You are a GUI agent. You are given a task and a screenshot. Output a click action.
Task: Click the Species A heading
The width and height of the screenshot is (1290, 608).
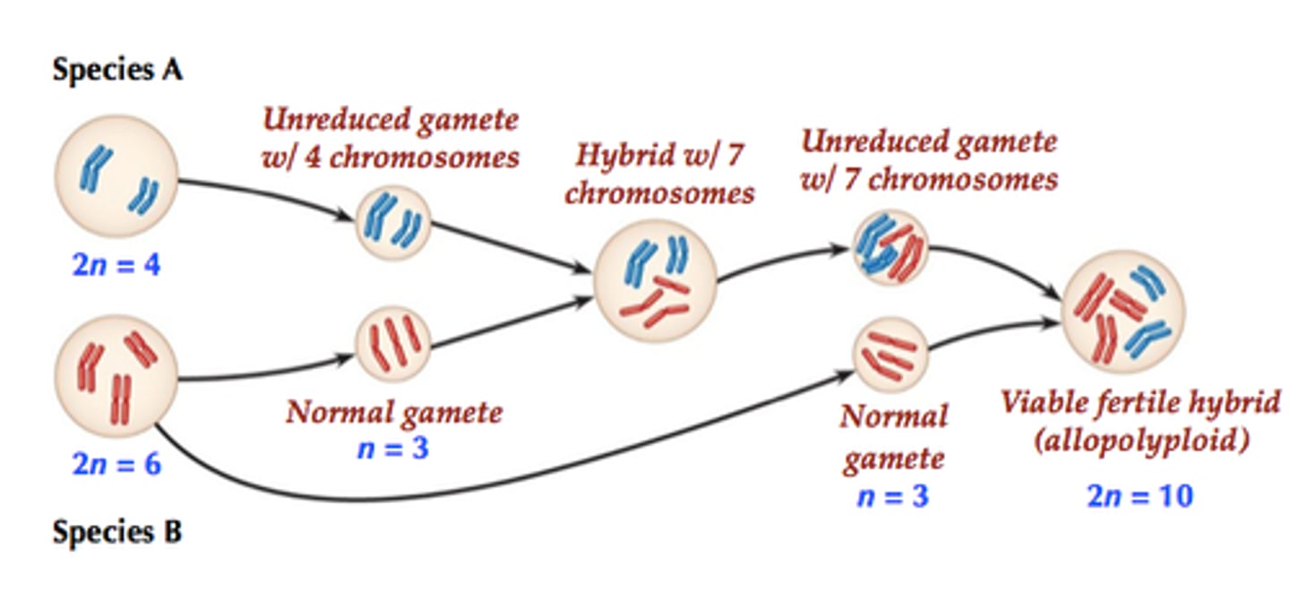pos(117,70)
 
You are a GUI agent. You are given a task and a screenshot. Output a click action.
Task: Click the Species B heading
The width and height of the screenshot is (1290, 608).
pos(117,533)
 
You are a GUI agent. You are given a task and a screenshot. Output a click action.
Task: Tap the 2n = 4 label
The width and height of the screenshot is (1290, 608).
pos(116,265)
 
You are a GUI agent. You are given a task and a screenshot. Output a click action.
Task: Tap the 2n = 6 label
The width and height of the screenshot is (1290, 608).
pos(116,464)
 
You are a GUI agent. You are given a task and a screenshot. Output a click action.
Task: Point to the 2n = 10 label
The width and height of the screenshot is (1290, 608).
pos(1139,495)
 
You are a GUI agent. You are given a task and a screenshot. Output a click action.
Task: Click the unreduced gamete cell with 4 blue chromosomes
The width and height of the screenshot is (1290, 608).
pos(394,223)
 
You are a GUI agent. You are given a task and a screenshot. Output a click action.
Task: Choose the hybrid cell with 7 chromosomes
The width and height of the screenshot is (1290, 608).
pos(656,278)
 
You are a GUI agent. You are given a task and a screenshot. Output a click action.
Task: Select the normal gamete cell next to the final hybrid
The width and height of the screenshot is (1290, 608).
pos(890,355)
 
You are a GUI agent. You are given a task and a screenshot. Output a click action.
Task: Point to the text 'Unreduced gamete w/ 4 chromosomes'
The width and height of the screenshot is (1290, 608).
pos(391,138)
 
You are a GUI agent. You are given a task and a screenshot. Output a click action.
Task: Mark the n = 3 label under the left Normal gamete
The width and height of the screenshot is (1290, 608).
pos(392,449)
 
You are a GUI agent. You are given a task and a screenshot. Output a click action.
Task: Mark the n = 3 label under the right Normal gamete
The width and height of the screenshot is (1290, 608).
pos(892,495)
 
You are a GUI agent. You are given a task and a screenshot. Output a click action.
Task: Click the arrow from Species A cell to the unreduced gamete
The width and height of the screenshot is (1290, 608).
pos(269,193)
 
